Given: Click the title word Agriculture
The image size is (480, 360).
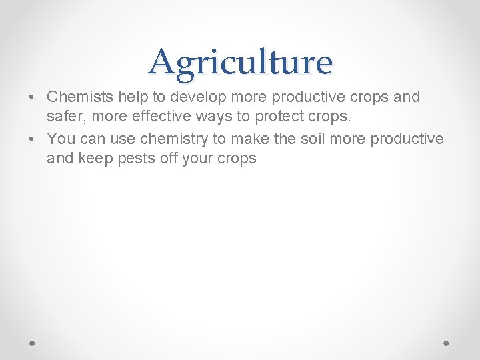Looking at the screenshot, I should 240,62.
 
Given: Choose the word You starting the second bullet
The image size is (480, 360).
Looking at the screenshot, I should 61,139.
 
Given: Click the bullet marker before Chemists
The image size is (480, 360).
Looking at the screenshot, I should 31,97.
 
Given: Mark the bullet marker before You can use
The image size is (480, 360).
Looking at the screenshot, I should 31,139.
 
